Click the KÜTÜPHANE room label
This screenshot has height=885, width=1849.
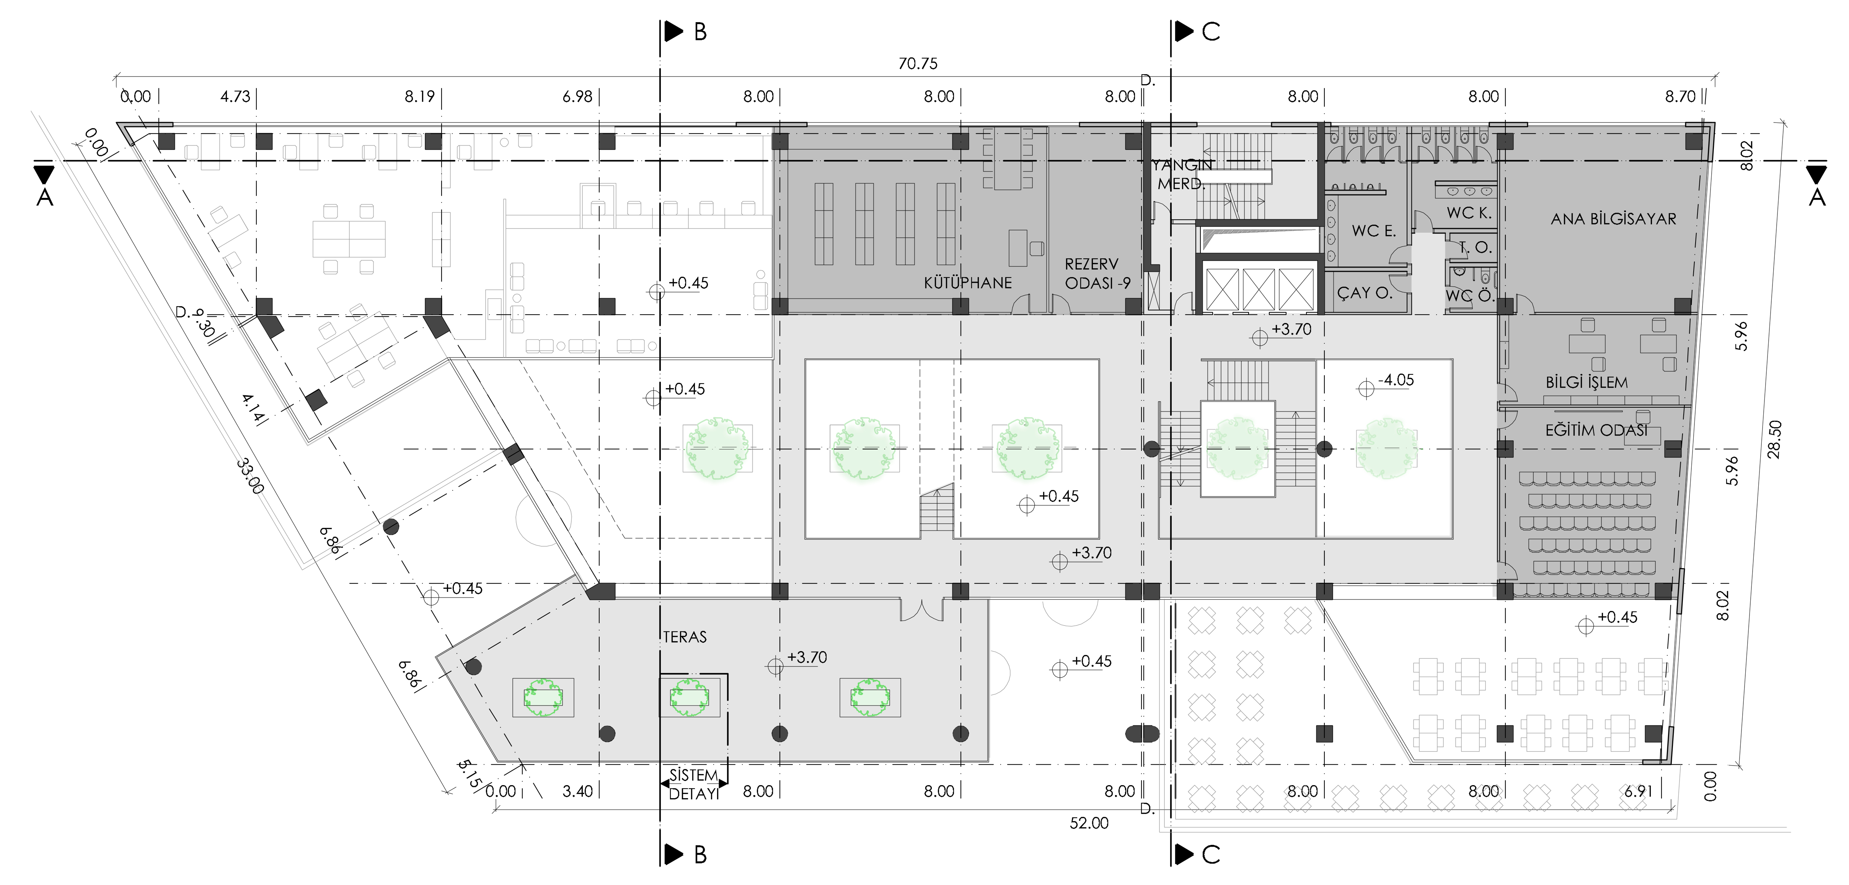(968, 283)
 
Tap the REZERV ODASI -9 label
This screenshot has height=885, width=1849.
(1097, 273)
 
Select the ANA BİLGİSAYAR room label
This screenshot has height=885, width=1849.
(1614, 219)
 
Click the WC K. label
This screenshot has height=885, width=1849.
(1469, 212)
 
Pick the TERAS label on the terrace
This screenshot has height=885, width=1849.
(685, 637)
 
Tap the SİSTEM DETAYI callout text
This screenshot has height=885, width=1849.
(693, 784)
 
